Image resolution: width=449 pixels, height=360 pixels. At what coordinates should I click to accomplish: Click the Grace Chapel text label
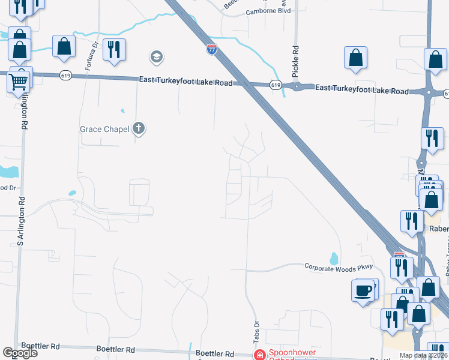[105, 129]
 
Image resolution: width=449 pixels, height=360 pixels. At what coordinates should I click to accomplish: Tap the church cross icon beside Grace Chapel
[139, 128]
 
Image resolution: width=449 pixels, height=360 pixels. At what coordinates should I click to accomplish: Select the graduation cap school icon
[157, 58]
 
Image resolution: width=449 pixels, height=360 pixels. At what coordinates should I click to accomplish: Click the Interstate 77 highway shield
[212, 49]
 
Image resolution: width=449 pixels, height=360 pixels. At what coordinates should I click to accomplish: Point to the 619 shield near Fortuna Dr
[66, 75]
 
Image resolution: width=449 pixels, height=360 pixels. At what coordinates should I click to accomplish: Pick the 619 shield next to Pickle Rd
[276, 85]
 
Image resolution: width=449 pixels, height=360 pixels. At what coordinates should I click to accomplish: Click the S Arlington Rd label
[22, 223]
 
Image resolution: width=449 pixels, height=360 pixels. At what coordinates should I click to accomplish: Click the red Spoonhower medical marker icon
[259, 355]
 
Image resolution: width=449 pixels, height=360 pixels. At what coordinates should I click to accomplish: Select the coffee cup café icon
[363, 292]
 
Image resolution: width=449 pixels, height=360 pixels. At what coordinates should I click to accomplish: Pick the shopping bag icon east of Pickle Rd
[356, 58]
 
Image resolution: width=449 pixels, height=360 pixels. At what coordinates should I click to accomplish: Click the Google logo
[20, 353]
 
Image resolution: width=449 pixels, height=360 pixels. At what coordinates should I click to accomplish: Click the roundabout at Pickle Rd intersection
[297, 87]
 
